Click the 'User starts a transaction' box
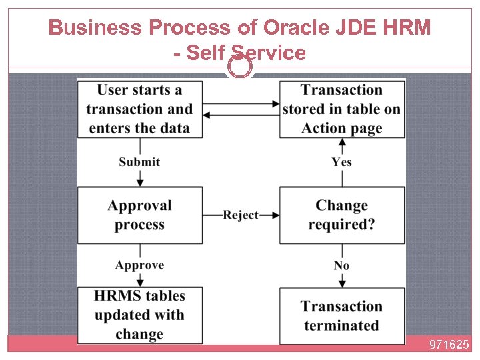point(139,109)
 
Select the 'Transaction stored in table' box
point(342,109)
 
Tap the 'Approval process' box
point(139,215)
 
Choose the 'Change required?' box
point(342,215)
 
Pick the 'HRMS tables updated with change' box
point(139,315)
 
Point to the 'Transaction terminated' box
point(342,315)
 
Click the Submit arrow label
point(139,161)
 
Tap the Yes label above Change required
point(342,161)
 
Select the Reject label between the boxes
point(241,215)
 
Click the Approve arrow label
point(139,265)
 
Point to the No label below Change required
point(342,265)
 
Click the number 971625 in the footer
point(449,345)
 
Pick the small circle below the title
point(240,67)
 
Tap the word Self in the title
point(207,53)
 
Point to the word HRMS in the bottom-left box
point(120,295)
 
